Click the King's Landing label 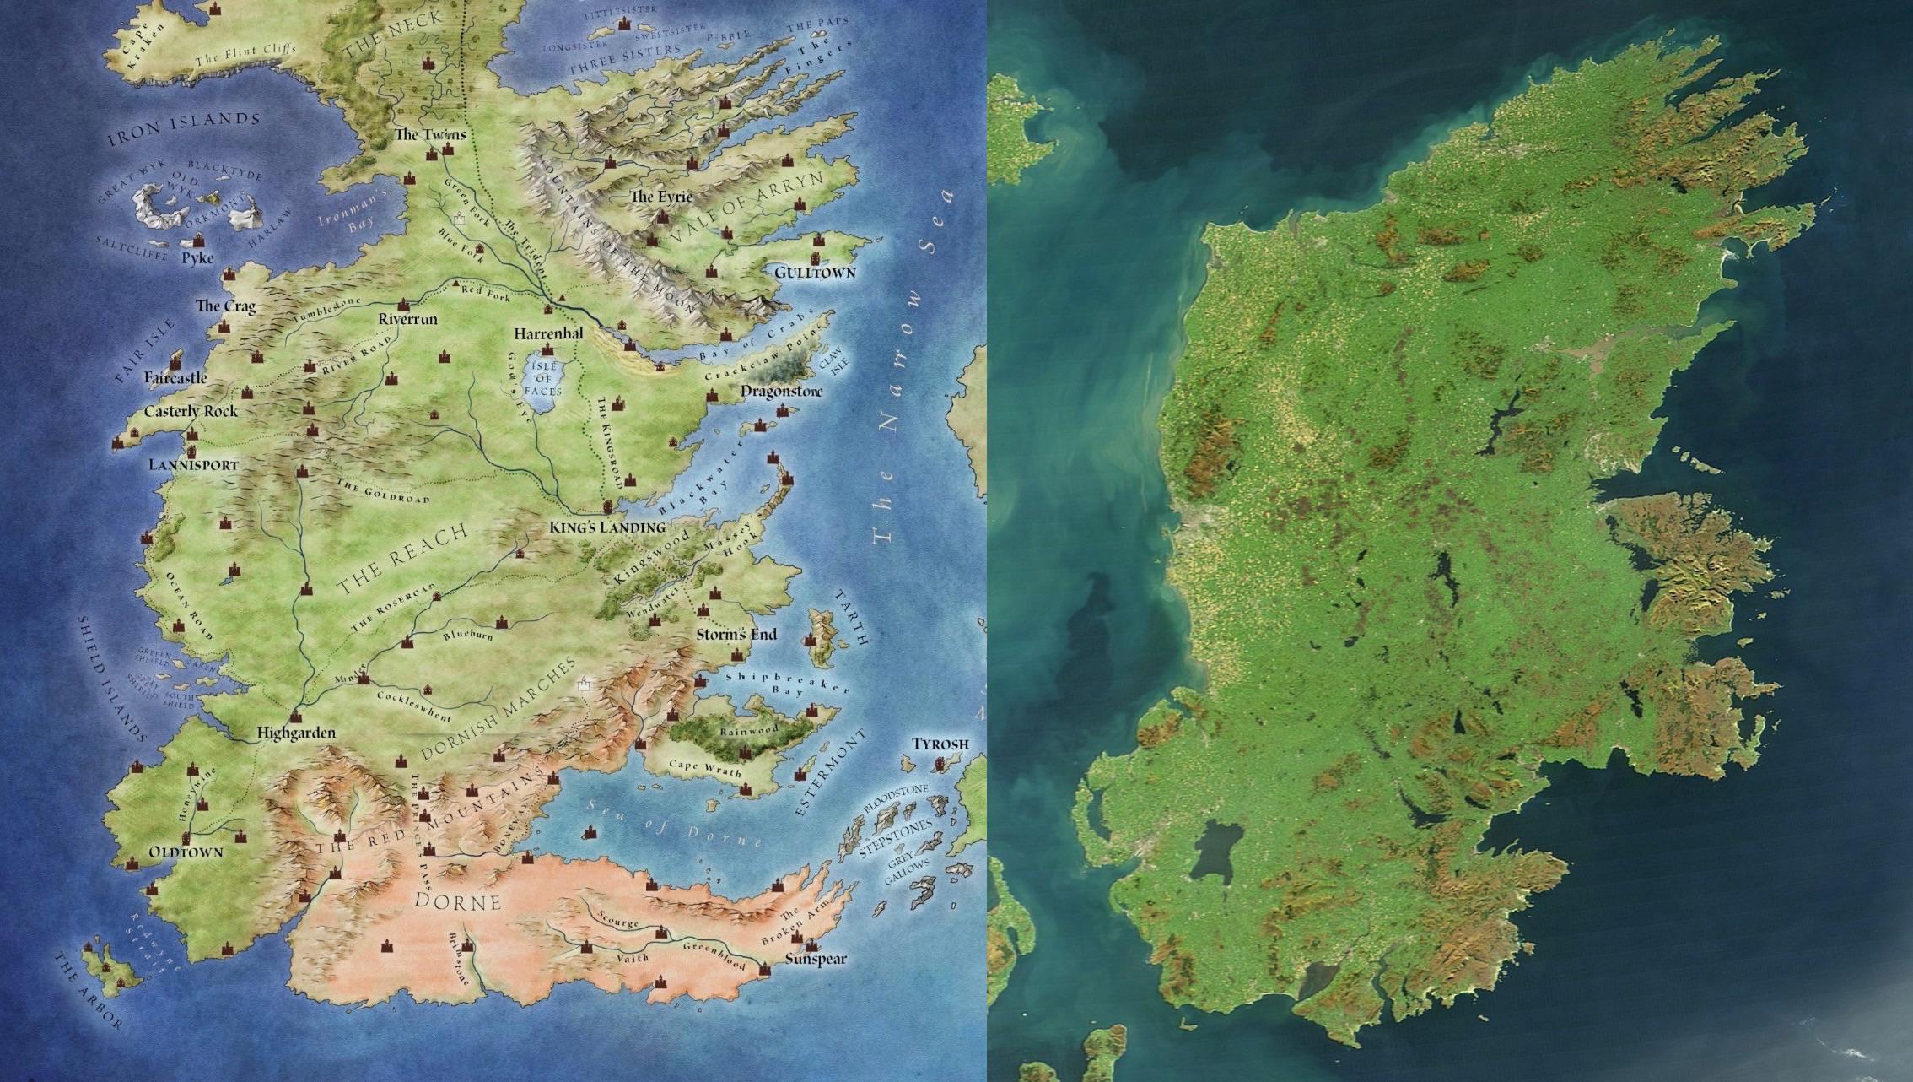pos(606,527)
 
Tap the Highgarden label pos(295,733)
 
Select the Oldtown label pos(186,852)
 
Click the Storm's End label pos(736,635)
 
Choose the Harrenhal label pos(548,333)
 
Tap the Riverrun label pos(407,320)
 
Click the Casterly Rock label pos(191,412)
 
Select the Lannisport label pos(193,465)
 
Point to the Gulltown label pos(815,273)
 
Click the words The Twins pos(429,134)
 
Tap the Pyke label pos(198,258)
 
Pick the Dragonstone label pos(781,392)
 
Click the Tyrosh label pos(940,744)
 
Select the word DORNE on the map pos(458,901)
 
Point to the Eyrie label pos(660,197)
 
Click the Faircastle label pos(175,378)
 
